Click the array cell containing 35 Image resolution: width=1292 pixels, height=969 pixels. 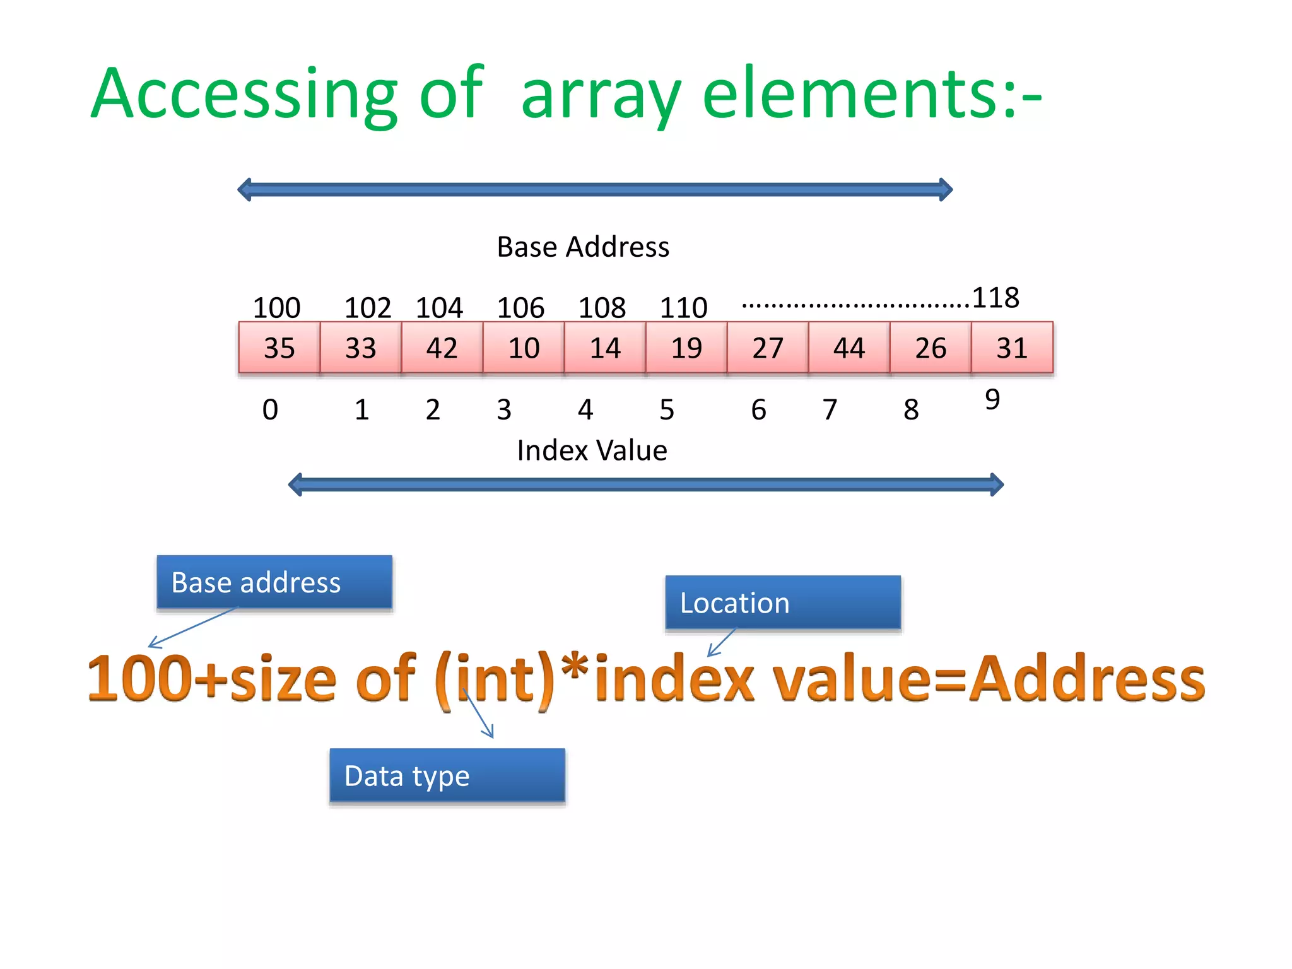[279, 348]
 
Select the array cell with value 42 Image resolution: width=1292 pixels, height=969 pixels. [442, 348]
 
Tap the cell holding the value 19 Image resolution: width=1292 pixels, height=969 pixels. [686, 348]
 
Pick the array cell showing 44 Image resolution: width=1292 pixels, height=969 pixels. [849, 348]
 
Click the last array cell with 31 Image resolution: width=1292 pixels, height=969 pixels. [1011, 348]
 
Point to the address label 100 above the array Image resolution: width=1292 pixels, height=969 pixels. [276, 308]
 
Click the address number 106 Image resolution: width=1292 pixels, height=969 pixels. [520, 308]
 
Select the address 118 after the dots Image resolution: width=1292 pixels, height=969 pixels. [995, 298]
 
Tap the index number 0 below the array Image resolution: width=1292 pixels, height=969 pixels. [270, 410]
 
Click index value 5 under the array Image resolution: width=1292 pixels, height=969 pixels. [667, 410]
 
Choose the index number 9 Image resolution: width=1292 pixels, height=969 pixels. [992, 400]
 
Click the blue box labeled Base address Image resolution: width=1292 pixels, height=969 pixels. [274, 582]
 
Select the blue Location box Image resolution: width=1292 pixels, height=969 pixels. [783, 602]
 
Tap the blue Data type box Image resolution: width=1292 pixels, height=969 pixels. [447, 775]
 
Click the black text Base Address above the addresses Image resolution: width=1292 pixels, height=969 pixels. [583, 247]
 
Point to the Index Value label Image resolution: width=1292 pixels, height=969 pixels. [592, 450]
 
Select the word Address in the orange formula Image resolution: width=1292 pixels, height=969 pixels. [1086, 678]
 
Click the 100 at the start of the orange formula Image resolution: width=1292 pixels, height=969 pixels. [139, 678]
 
